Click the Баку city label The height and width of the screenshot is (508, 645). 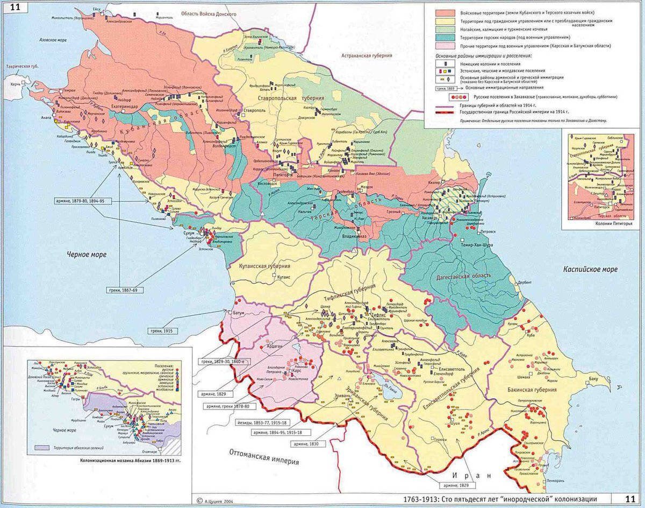[x=593, y=380]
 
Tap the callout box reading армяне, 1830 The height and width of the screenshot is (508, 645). [x=306, y=444]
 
